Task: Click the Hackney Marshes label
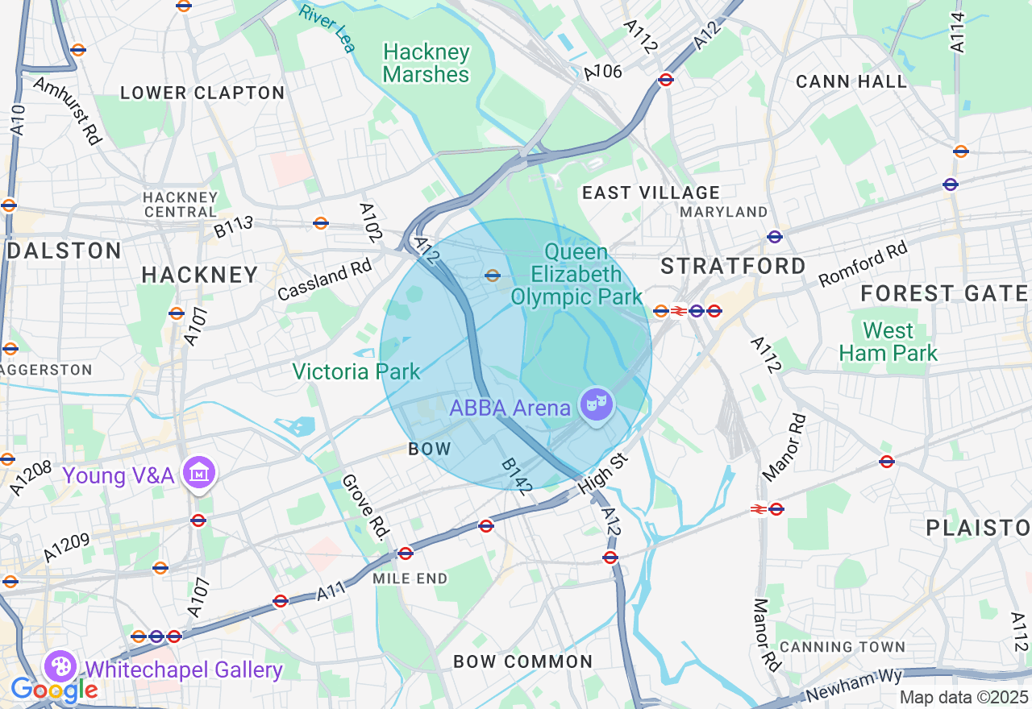click(426, 64)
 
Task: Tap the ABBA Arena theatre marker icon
click(597, 404)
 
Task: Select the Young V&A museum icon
click(198, 473)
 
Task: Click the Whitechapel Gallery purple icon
click(60, 667)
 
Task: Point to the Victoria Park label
click(356, 371)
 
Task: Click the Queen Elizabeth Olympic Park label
click(576, 275)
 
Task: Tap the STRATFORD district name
click(733, 266)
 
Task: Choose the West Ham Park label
click(888, 342)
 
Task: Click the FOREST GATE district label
click(944, 293)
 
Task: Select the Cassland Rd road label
click(324, 280)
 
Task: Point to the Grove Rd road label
click(366, 506)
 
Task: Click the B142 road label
click(517, 475)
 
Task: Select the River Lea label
click(327, 26)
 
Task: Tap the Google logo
click(53, 690)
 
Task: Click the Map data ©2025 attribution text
click(963, 697)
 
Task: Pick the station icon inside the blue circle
click(493, 275)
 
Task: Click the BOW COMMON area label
click(522, 661)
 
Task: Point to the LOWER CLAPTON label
click(202, 93)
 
